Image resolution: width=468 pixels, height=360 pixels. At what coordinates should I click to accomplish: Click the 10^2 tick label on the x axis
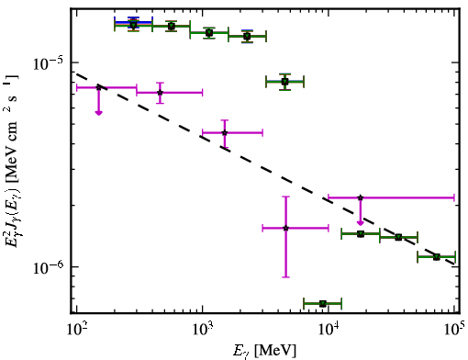(x=78, y=331)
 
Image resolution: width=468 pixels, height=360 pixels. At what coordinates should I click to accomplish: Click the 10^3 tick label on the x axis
(x=204, y=331)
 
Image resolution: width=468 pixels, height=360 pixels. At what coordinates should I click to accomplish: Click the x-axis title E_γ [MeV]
(x=264, y=351)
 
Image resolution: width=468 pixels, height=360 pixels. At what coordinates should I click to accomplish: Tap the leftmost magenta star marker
(x=98, y=87)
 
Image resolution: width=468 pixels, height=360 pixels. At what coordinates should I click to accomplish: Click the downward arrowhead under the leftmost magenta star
(x=98, y=113)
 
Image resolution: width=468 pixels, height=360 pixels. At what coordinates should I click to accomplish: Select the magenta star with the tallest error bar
(x=285, y=228)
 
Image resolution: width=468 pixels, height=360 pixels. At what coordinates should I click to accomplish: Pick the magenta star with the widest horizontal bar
(x=361, y=197)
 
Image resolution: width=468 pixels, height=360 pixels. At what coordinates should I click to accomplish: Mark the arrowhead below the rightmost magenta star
(x=361, y=223)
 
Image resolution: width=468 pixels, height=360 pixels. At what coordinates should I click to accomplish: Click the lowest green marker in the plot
(x=323, y=304)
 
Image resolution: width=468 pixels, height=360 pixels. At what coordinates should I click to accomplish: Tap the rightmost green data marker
(x=437, y=257)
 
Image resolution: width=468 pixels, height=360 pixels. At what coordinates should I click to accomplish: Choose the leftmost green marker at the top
(x=133, y=25)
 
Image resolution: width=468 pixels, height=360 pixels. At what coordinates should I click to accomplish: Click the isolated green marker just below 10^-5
(x=285, y=82)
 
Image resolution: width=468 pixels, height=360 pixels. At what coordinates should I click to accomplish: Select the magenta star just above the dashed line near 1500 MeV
(x=225, y=133)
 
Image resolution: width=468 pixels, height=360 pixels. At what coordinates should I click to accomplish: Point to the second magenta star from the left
(x=160, y=93)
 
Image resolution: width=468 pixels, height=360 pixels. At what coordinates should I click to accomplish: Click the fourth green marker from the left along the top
(x=247, y=37)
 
